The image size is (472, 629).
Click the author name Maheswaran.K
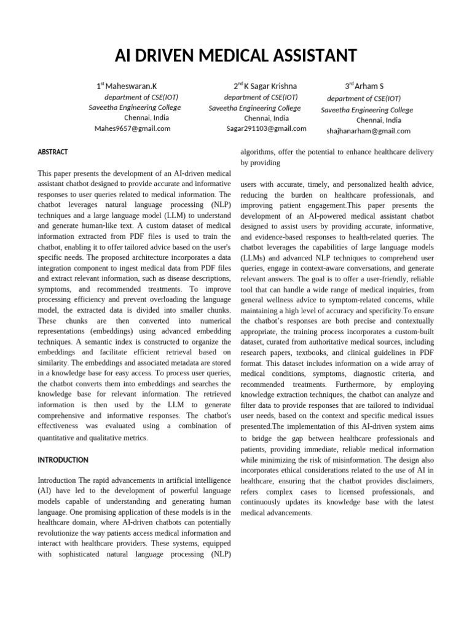[x=131, y=86]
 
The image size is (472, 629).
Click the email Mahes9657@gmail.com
[x=132, y=128]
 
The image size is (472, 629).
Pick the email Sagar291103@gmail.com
[x=266, y=128]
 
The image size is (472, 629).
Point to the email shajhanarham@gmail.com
[x=368, y=131]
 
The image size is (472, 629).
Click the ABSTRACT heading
[x=53, y=152]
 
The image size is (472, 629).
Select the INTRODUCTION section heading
[x=63, y=459]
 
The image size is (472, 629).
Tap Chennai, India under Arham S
[x=379, y=120]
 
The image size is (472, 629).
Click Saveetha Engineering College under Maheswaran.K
[x=135, y=107]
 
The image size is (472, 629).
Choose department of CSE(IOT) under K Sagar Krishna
[x=261, y=97]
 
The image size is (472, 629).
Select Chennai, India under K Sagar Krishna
[x=266, y=118]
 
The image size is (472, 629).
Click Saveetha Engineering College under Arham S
[x=367, y=110]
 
